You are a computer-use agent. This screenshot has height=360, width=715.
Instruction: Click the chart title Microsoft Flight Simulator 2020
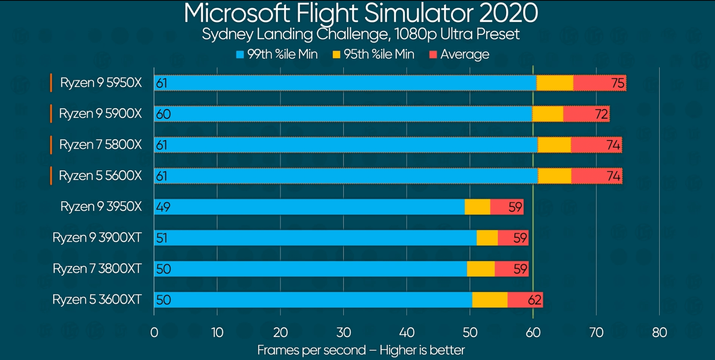point(361,13)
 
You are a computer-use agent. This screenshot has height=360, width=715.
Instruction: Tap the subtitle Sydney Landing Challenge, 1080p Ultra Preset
point(361,34)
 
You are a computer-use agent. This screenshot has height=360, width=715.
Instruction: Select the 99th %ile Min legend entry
point(277,54)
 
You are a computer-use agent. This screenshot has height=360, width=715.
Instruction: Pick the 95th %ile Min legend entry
point(373,54)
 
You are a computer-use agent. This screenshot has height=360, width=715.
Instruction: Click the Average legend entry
point(459,54)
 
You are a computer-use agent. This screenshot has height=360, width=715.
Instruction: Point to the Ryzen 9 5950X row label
point(101,83)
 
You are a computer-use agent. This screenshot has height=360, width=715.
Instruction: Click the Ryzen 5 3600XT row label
point(97,299)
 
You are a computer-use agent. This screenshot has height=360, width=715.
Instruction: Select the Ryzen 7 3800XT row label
point(97,269)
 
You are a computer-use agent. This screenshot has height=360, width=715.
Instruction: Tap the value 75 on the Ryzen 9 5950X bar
point(618,83)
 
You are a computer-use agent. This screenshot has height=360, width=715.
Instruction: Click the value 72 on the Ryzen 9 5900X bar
point(601,114)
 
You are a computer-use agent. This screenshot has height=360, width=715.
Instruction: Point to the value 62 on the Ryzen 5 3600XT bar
point(534,300)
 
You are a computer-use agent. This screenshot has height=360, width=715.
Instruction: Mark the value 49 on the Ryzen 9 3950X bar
point(163,207)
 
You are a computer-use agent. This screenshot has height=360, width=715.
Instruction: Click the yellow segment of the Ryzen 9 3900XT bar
point(487,238)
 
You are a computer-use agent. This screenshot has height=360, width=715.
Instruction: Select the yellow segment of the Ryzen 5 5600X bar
point(554,176)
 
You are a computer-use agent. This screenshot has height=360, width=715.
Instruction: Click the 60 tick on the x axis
point(533,332)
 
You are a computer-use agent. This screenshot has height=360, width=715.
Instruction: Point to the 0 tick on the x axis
point(154,332)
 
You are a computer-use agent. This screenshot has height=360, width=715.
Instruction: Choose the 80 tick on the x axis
point(659,332)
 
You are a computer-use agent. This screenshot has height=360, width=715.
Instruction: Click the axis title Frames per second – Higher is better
point(361,350)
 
